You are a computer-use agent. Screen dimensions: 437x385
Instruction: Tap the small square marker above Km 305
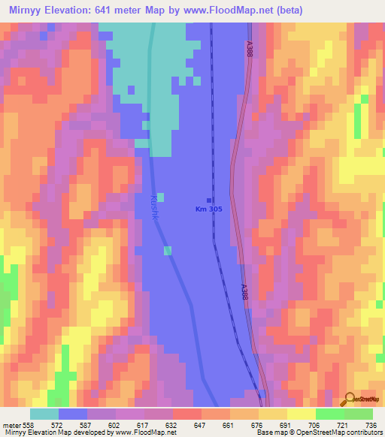point(209,200)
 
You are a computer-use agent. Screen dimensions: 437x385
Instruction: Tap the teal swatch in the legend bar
point(44,414)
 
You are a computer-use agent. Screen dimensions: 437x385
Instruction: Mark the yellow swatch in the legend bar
point(301,414)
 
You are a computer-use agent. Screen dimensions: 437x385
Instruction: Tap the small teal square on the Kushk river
point(168,250)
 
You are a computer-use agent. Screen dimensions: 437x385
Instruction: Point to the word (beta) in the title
point(286,11)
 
